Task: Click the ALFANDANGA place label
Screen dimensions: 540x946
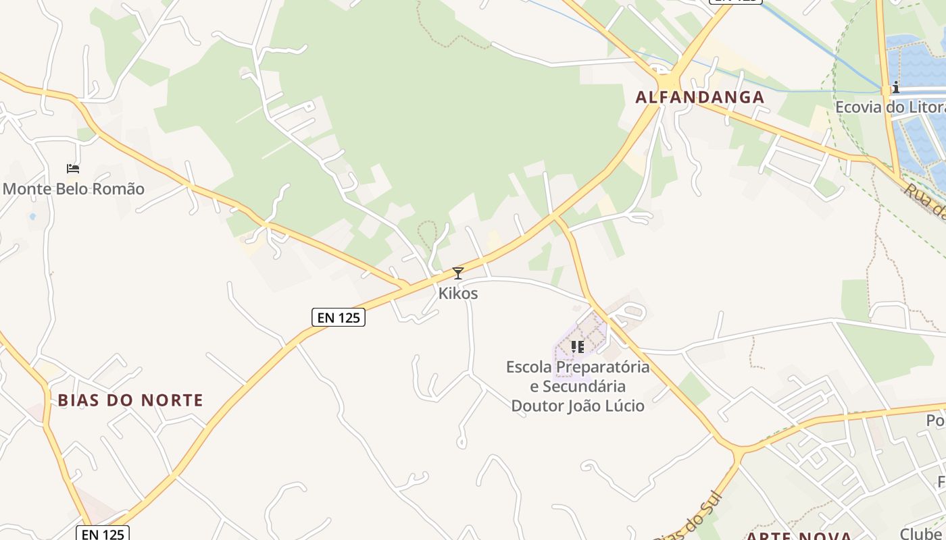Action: (x=699, y=97)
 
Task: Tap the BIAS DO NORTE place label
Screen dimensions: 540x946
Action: (x=130, y=400)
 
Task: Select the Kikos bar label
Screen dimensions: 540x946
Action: (x=458, y=294)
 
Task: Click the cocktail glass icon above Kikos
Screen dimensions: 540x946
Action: (x=458, y=273)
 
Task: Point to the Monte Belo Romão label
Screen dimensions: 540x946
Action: (x=74, y=188)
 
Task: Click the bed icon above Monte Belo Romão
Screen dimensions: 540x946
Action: (x=73, y=168)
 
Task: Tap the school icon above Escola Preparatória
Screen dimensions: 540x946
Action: (x=577, y=347)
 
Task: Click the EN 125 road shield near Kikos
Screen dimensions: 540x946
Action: (x=339, y=317)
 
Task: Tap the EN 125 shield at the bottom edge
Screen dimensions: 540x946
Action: (x=102, y=534)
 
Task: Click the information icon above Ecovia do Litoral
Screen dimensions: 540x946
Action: (x=896, y=87)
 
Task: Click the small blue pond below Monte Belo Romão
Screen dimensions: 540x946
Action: (x=32, y=217)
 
